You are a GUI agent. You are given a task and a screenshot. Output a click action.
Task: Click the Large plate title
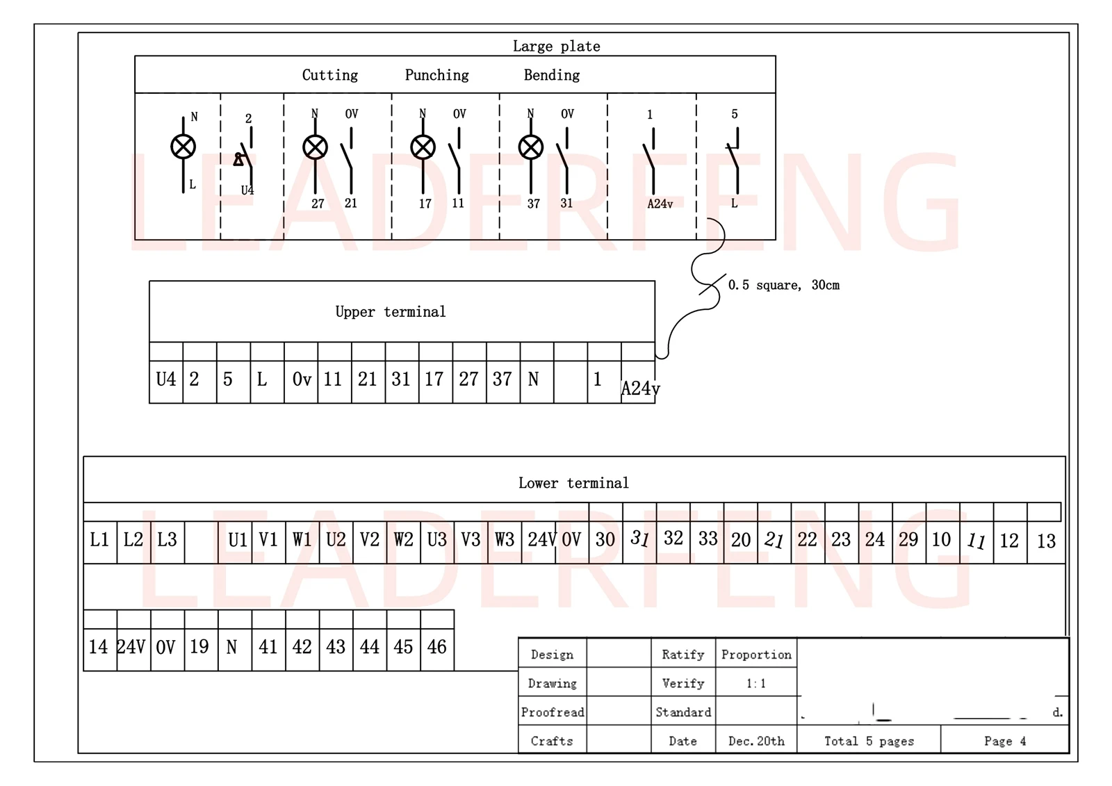(556, 46)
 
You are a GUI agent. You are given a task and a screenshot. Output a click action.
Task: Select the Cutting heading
(330, 75)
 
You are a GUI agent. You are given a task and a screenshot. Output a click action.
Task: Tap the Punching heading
(437, 75)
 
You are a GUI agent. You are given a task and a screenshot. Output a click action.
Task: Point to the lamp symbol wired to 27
(315, 147)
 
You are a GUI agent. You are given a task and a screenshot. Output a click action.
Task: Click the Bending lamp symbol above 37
(531, 147)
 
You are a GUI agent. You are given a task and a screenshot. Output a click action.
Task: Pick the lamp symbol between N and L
(183, 147)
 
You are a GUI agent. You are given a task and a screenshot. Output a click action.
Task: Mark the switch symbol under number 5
(734, 161)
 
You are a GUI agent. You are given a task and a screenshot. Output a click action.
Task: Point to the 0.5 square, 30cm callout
(784, 285)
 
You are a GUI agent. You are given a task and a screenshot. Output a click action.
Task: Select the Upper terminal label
(391, 312)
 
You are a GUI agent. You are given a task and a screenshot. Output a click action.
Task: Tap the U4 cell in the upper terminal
(166, 379)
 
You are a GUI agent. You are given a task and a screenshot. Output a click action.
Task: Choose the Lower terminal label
(573, 483)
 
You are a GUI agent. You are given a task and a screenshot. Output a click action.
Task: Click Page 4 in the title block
(1005, 741)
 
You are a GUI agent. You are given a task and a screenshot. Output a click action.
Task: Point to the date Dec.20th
(756, 741)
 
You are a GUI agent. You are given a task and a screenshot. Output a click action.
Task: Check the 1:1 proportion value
(756, 684)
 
